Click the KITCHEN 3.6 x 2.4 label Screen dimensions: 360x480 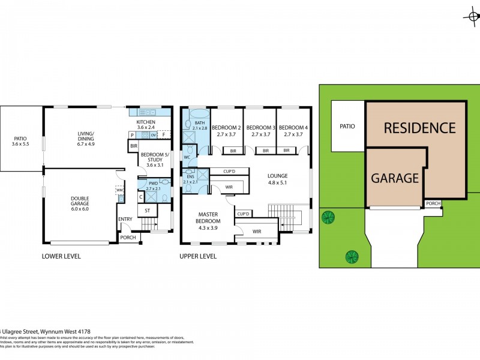coord(146,125)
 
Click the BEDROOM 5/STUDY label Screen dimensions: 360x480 coord(155,160)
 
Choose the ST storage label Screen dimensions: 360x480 coord(148,211)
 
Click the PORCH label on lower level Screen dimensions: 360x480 coord(128,238)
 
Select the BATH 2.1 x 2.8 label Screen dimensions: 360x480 coord(199,125)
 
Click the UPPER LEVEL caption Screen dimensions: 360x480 coord(198,257)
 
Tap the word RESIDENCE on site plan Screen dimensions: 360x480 coord(419,128)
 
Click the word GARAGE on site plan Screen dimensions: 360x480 coord(394,178)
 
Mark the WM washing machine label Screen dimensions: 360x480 coord(119,190)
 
